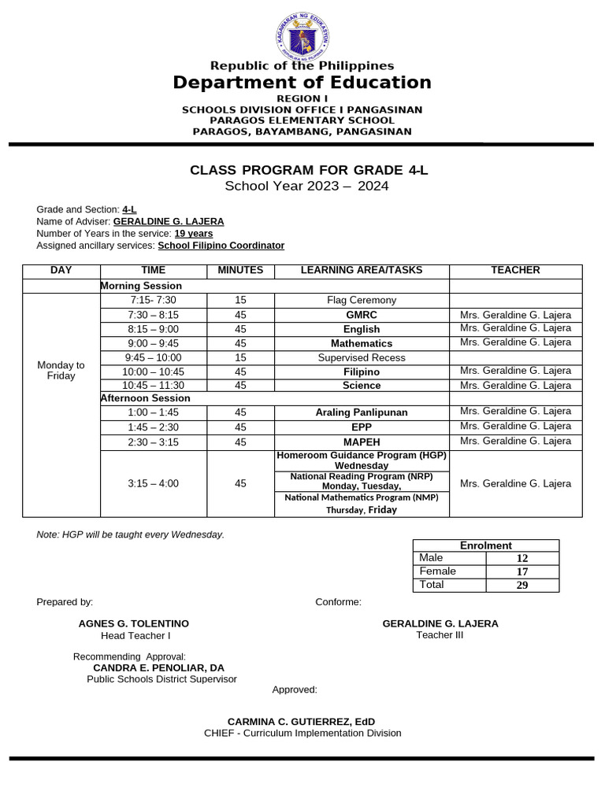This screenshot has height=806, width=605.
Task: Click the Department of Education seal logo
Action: tap(302, 33)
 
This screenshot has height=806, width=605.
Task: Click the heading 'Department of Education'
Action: tap(302, 83)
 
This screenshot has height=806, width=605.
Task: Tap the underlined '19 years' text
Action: tap(194, 234)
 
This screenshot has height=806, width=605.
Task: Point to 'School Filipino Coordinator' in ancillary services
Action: tap(221, 246)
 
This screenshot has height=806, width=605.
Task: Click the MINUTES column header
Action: tap(240, 271)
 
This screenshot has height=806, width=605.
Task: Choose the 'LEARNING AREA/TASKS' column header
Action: tap(362, 271)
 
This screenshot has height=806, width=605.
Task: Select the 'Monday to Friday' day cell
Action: tap(61, 371)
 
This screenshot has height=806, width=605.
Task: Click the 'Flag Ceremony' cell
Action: tap(362, 301)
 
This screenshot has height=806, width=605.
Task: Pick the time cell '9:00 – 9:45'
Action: tap(154, 344)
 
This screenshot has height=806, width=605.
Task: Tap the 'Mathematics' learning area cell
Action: tap(362, 344)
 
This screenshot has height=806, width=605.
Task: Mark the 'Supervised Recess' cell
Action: tap(362, 358)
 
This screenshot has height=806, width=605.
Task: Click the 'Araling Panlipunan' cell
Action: tap(362, 412)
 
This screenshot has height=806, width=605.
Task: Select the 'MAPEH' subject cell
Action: tap(362, 442)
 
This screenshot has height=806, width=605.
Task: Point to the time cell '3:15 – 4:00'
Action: tap(154, 484)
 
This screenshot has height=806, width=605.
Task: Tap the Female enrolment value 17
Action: tap(522, 572)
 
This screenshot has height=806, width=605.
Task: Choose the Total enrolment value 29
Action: tap(522, 586)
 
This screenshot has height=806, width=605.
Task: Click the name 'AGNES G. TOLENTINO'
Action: tap(134, 623)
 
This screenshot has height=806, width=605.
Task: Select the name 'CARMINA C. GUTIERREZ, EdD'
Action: tap(302, 722)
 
